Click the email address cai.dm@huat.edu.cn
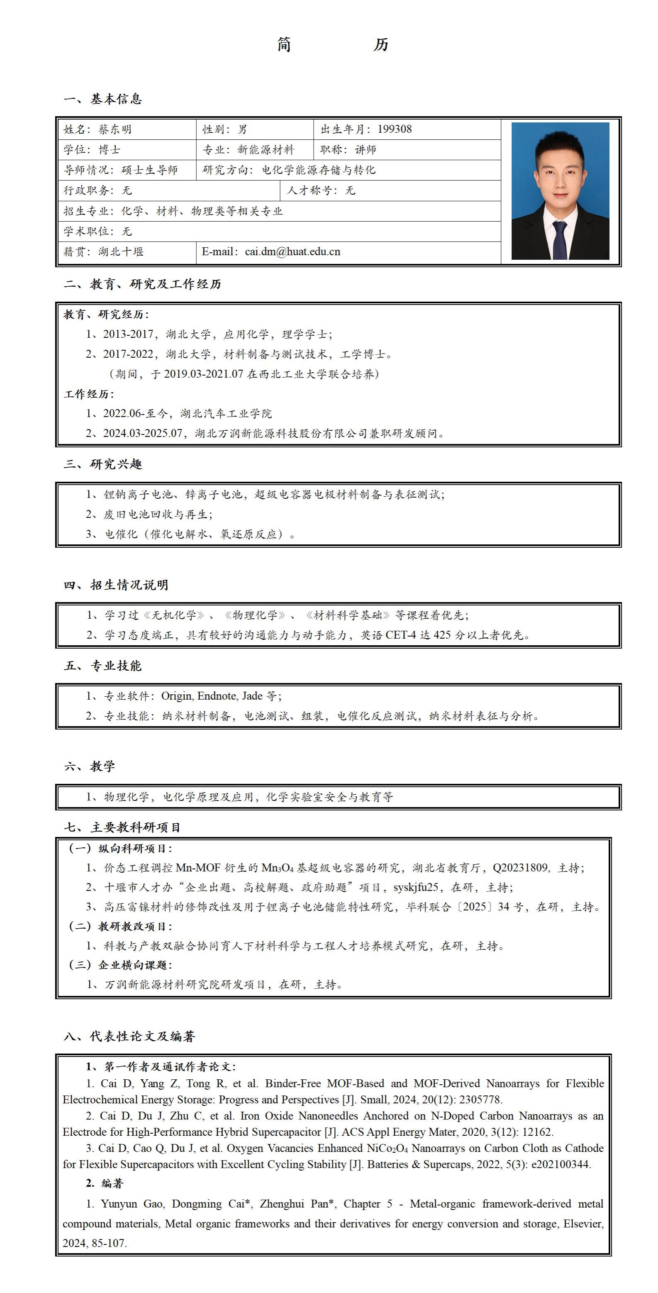coord(292,252)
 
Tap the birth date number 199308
coord(395,129)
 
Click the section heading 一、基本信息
coord(103,99)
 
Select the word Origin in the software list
coord(176,696)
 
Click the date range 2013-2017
coord(128,334)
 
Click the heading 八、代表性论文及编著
coord(129,1036)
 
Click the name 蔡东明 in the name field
coord(115,129)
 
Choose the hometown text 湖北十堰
coord(121,252)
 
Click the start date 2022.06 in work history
coord(123,414)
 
